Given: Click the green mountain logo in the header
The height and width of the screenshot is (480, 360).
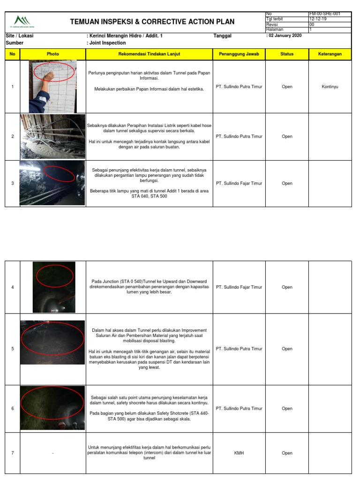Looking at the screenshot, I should (22, 21).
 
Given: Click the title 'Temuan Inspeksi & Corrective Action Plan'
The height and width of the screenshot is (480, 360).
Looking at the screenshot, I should (152, 22).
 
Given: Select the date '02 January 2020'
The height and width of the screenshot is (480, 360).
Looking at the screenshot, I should (285, 36).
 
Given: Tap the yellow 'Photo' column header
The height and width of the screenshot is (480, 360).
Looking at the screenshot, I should (53, 54).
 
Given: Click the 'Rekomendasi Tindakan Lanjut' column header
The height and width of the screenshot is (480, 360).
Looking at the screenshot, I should (149, 54).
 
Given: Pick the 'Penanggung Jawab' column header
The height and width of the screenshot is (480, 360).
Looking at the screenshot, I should (239, 54).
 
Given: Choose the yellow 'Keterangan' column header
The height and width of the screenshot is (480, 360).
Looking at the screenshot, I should (330, 54).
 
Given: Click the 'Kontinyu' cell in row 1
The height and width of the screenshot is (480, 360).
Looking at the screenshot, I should (330, 87).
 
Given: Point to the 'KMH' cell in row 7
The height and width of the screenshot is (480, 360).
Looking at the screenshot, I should (239, 453).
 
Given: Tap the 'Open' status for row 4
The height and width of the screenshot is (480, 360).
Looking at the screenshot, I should (287, 287).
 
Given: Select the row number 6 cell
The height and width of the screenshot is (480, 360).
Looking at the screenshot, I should (13, 409).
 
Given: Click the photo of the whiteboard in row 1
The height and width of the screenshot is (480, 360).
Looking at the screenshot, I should (53, 87).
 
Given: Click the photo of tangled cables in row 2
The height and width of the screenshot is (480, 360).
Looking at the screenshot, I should (53, 136).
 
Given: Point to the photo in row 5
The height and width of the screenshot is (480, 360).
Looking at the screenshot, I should (53, 349).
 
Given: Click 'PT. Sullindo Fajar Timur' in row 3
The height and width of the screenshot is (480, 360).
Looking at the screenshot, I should (239, 184).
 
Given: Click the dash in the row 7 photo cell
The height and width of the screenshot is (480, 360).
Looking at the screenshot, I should (53, 453).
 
